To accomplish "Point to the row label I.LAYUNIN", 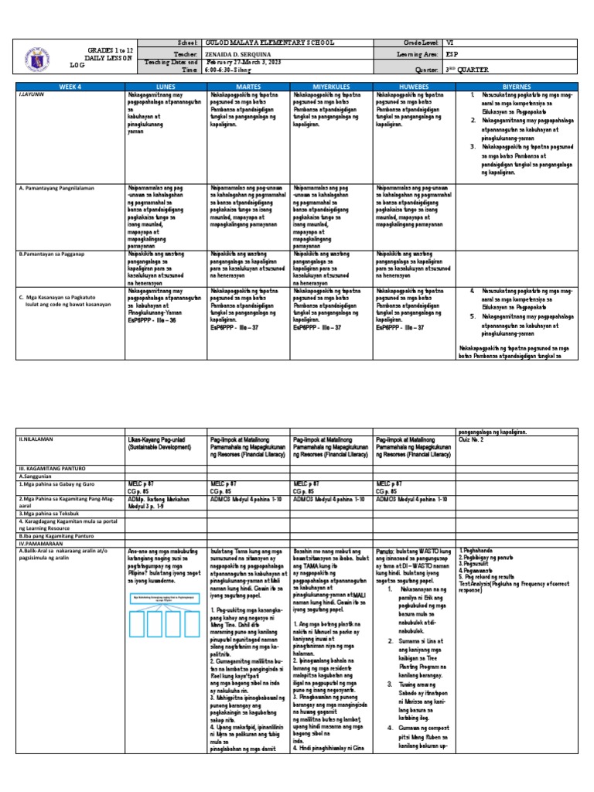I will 32,95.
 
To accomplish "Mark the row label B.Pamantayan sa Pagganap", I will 51,253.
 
